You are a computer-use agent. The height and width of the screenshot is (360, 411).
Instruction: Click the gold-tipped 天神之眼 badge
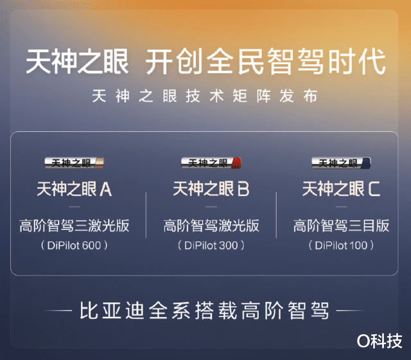point(74,163)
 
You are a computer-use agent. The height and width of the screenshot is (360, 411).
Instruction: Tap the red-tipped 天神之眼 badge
point(211,163)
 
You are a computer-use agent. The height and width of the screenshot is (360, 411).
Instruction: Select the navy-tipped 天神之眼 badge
point(341,163)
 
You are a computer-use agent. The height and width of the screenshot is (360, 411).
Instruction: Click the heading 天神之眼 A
point(74,189)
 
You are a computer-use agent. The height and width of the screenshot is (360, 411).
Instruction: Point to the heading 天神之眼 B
point(211,189)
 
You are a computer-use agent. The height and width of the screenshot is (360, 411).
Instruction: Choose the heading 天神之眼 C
point(341,189)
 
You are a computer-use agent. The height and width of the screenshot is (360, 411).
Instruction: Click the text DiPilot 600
point(74,246)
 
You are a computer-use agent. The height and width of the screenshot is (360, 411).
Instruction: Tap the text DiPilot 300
point(211,246)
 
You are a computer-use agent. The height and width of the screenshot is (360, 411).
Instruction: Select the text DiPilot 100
point(341,246)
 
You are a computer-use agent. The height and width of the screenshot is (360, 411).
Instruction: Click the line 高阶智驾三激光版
point(74,226)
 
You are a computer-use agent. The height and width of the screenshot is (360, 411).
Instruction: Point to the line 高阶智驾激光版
point(211,226)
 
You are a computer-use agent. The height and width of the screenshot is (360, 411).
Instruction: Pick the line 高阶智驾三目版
point(341,226)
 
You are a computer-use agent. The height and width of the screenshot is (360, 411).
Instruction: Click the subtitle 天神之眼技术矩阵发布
point(205,96)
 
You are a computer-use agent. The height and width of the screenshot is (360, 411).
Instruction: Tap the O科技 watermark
point(380,341)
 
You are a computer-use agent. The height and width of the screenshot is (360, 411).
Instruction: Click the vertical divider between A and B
point(146,215)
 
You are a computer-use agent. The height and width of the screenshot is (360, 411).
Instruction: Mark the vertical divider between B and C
point(276,215)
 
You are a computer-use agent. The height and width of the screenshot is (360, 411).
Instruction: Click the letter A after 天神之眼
point(106,189)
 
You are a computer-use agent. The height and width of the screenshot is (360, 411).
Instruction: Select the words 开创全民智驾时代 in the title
point(265,62)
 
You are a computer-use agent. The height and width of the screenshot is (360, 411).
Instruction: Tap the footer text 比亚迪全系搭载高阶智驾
point(204,310)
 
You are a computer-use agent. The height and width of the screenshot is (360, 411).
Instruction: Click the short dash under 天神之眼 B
point(211,207)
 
